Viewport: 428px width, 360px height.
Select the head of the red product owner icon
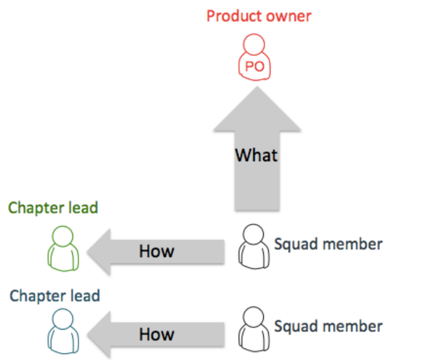point(254,46)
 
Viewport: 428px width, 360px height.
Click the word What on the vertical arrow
point(257,155)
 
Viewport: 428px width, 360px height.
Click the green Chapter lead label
point(53,208)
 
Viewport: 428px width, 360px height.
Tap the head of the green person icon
point(63,235)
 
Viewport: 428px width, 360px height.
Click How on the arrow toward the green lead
point(157,251)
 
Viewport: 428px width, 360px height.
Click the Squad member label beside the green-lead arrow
point(328,244)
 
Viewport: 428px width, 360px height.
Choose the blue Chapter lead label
point(55,297)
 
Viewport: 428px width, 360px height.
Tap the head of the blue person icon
point(63,319)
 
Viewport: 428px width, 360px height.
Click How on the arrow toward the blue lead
point(157,334)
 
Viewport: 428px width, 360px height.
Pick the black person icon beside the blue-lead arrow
point(254,328)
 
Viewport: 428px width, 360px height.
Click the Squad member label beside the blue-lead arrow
point(328,327)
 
